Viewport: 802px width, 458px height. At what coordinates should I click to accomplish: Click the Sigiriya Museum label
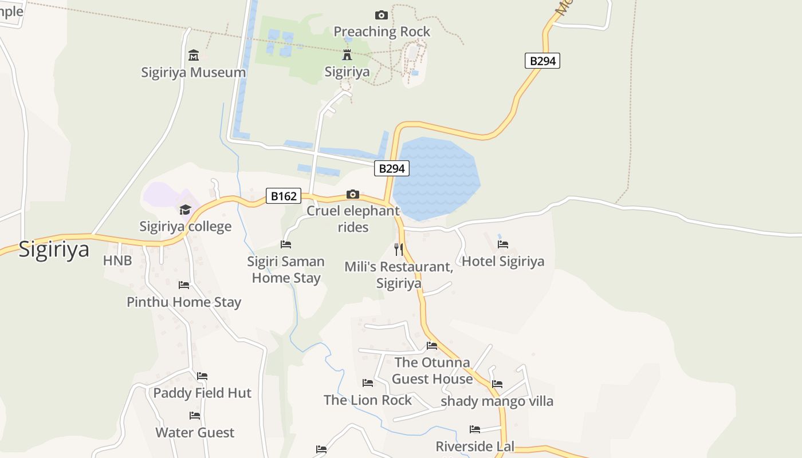coord(194,73)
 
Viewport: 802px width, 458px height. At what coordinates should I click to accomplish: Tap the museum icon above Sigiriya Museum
coord(194,56)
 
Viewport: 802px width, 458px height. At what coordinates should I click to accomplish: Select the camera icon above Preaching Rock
coord(381,15)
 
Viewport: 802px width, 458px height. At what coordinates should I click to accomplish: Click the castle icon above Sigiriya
coord(347,55)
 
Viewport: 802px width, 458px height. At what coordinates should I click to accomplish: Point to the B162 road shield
coord(284,196)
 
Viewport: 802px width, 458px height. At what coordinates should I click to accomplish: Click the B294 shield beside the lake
coord(392,168)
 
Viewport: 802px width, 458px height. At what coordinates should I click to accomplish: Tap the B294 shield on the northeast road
coord(542,61)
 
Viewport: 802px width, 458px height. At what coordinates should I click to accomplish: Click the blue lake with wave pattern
coord(437,177)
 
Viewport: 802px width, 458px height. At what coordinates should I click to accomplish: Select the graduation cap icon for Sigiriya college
coord(185,210)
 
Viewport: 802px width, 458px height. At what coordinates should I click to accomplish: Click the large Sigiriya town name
coord(54,250)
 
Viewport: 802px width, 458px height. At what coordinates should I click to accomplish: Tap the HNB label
coord(117,260)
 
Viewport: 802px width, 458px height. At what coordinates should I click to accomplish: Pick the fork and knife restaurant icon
coord(399,249)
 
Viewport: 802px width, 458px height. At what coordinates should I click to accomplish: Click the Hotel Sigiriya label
coord(503,262)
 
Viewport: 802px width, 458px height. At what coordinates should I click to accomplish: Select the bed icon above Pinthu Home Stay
coord(183,285)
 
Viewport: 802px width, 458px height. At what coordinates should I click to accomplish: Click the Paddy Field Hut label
coord(202,393)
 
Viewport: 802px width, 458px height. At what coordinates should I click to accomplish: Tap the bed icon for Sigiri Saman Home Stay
coord(286,244)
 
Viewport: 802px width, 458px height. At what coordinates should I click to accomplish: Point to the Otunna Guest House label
coord(433,370)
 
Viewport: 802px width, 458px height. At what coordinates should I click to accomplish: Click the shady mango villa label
coord(497,401)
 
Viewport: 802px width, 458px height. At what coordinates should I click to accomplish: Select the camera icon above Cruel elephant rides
coord(353,195)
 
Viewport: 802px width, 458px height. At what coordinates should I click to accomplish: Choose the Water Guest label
coord(195,432)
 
